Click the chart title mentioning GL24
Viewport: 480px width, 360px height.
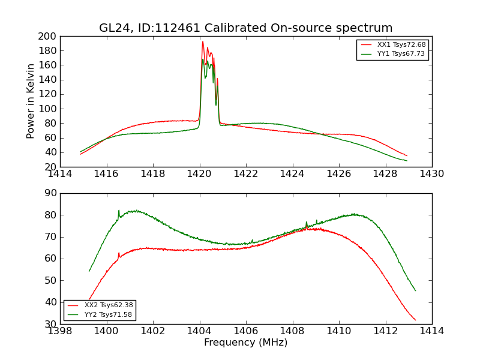(246, 28)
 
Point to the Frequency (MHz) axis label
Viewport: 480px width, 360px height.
(245, 343)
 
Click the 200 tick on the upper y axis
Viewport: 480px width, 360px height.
(49, 37)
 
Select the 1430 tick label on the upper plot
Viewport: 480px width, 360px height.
(431, 174)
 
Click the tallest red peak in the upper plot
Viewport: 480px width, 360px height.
(203, 42)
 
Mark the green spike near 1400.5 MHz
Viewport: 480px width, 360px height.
(119, 211)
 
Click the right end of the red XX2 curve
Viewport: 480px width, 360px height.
(415, 320)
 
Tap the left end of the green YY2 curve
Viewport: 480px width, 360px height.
(89, 271)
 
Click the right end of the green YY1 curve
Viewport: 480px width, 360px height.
(407, 161)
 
